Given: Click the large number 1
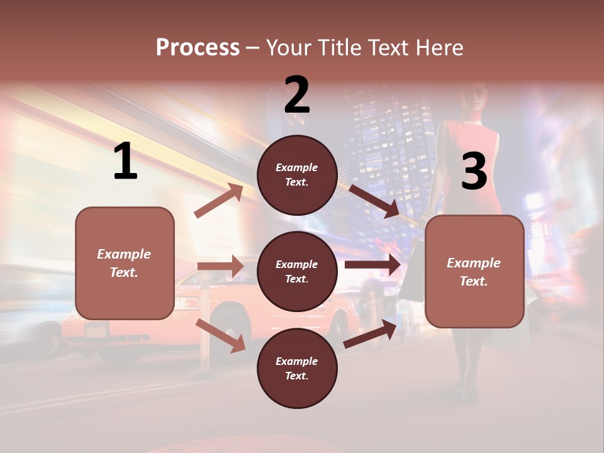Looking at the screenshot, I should [x=125, y=162].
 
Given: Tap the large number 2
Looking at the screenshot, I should [x=297, y=95].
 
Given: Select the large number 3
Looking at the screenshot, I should [x=474, y=172].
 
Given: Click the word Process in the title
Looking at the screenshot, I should [x=198, y=47].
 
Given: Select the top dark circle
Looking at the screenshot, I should [x=297, y=175].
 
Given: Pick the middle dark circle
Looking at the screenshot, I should [x=297, y=271].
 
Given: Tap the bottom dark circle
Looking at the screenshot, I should [x=297, y=368].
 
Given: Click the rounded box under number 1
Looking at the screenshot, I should [x=125, y=263].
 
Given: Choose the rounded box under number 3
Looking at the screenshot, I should [x=474, y=271].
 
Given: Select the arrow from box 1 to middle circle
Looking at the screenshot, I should [x=220, y=266].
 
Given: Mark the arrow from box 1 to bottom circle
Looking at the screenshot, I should [x=220, y=335].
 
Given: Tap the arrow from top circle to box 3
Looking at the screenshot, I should [x=374, y=201].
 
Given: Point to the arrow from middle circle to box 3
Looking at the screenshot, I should [x=372, y=265].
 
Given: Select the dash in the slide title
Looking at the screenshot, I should [x=253, y=48].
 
